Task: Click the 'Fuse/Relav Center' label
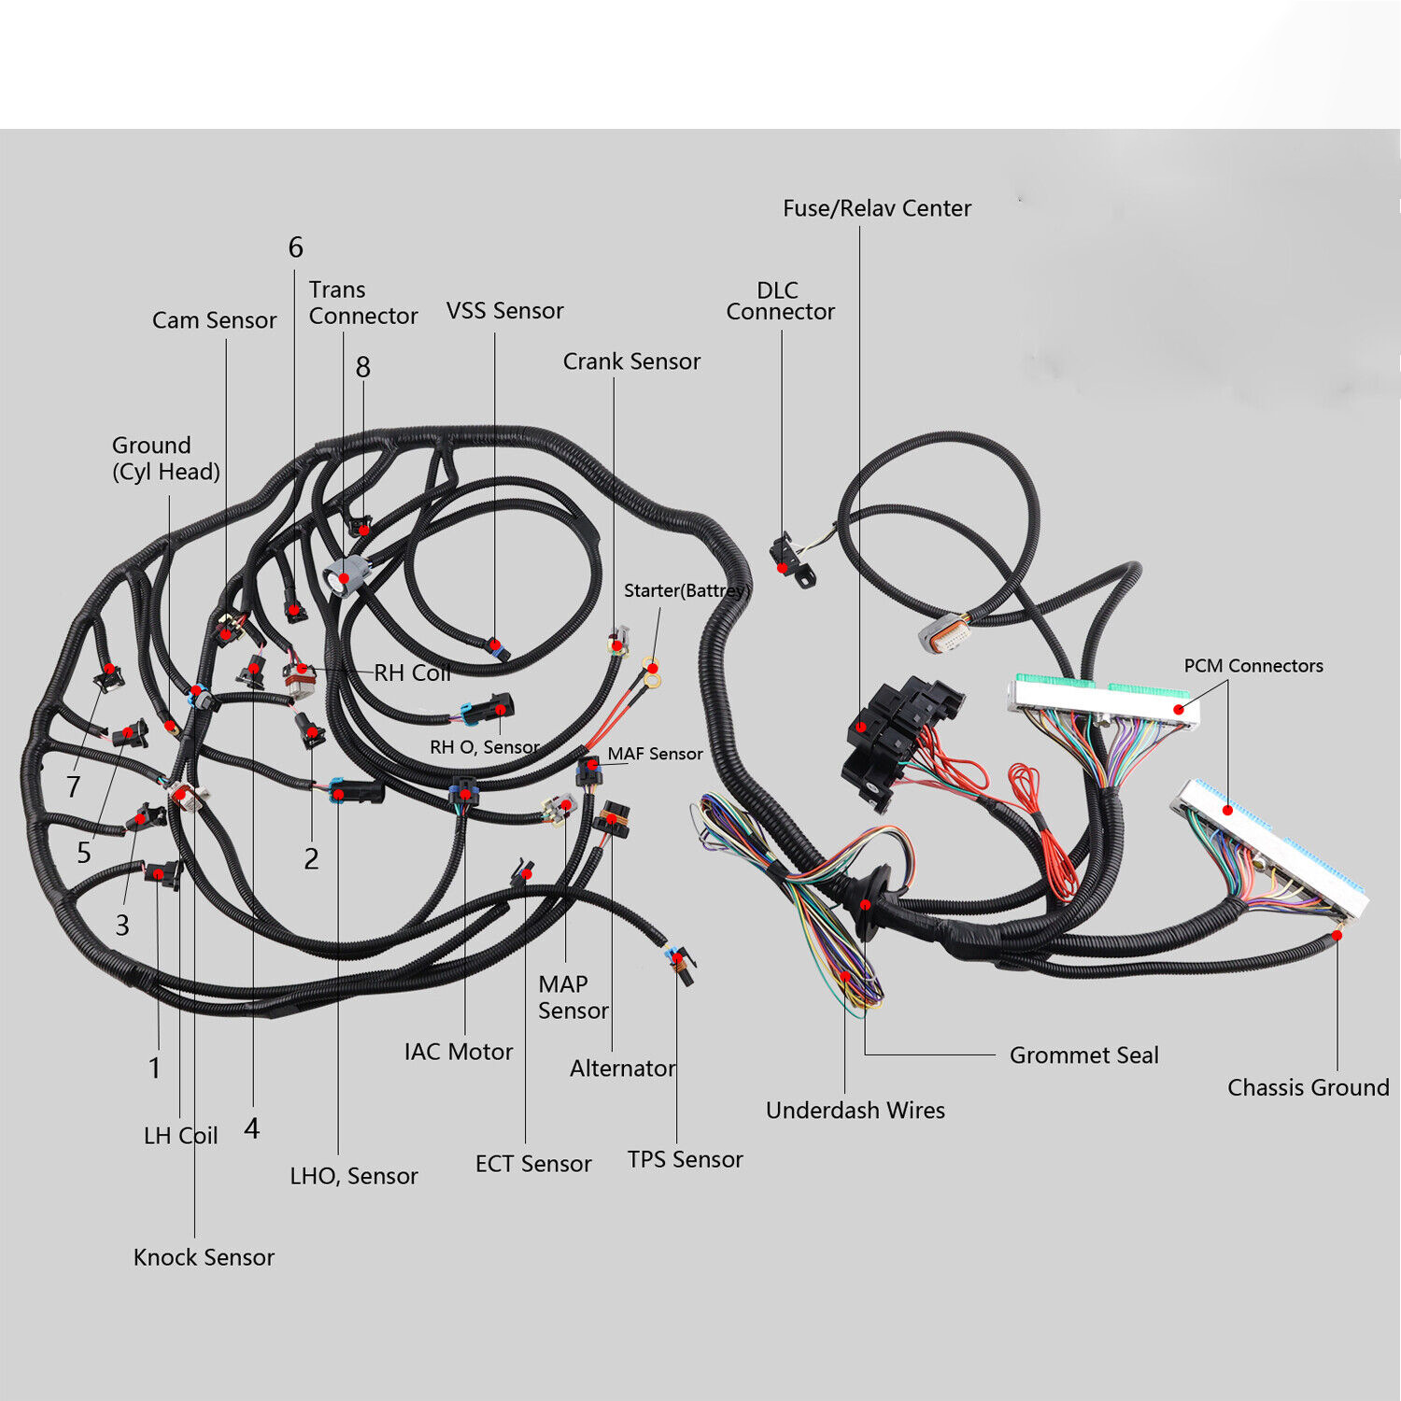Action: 876,208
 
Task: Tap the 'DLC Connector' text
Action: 780,301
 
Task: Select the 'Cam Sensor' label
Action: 214,320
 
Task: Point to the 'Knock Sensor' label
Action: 204,1257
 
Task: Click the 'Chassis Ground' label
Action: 1308,1087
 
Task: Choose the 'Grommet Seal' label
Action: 1083,1055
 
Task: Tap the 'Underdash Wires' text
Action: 855,1111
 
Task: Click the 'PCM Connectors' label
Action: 1253,666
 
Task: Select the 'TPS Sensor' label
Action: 685,1159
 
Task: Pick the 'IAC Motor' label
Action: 458,1052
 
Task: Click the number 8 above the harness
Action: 363,367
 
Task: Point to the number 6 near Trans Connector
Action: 295,248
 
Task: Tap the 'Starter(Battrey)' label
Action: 686,590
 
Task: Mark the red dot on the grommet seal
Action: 866,904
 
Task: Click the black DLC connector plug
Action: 785,556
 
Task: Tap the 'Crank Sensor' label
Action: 631,361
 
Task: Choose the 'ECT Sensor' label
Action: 532,1164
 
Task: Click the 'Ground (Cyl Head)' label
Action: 165,459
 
